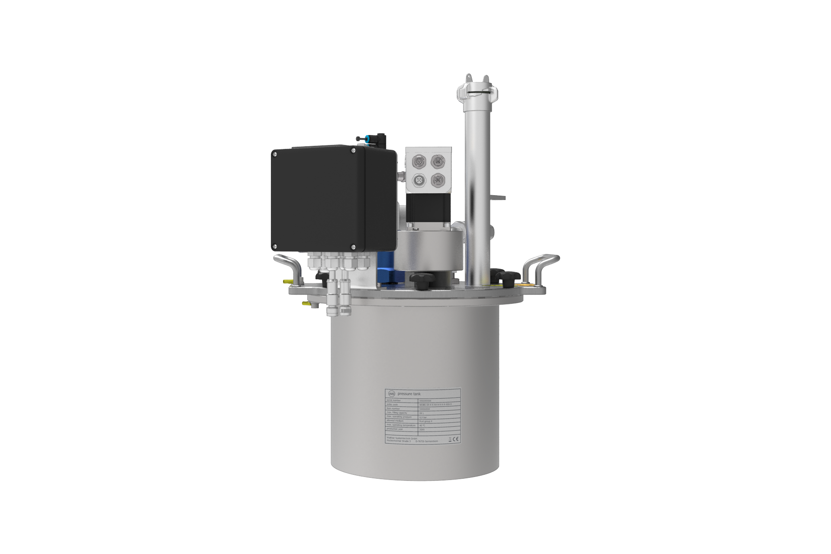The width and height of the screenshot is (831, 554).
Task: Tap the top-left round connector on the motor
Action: [418, 161]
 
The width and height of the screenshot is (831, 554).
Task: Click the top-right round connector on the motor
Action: [437, 161]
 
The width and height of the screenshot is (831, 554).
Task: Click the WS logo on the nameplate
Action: [391, 394]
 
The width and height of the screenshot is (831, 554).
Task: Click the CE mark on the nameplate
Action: [456, 439]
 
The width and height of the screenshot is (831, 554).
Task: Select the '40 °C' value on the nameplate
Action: [422, 425]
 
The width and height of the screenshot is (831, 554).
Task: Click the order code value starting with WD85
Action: [435, 404]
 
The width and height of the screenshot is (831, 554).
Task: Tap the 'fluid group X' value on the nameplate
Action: [426, 421]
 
